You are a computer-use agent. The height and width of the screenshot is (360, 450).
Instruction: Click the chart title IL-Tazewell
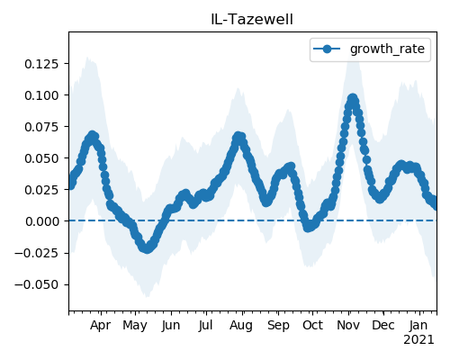252,20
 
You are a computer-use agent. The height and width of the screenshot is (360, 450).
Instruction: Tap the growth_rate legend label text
387,49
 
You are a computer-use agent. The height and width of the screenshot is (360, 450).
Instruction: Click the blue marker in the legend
327,49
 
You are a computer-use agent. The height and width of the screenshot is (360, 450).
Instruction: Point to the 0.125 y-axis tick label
41,64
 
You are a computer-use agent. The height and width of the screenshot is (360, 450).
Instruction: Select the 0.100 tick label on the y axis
41,95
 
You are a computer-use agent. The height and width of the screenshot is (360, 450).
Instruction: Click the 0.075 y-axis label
41,127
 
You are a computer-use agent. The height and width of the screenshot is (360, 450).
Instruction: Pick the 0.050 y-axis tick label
41,158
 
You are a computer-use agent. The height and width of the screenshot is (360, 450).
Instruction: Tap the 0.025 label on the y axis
41,190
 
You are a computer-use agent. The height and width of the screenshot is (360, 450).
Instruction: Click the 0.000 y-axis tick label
42,221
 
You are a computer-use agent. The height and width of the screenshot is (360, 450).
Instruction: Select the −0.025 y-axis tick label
36,253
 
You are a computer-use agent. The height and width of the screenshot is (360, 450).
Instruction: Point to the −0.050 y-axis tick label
36,284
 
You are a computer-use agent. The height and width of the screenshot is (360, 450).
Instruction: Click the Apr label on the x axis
101,326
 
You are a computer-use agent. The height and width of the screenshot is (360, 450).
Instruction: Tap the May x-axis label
135,326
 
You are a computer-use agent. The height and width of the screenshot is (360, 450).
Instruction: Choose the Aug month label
241,326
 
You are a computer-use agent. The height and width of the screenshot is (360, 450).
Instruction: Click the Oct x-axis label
312,325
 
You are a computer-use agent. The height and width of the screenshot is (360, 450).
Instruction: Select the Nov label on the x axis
348,325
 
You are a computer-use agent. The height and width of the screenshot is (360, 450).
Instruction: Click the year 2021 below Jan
418,340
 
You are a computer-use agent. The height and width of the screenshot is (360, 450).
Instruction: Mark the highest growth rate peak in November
353,98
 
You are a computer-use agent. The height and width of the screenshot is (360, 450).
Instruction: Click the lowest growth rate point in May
147,248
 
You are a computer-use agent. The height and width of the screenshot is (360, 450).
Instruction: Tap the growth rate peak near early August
238,136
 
